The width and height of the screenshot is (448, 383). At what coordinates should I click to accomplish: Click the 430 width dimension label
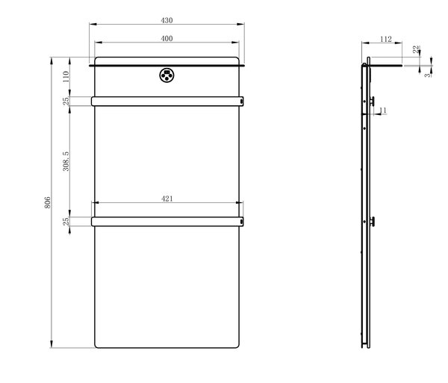click(x=167, y=20)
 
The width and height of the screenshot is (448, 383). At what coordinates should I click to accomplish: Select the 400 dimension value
click(x=167, y=39)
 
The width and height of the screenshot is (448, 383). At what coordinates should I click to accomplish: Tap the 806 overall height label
click(x=48, y=202)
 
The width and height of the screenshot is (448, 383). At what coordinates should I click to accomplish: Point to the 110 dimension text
click(x=66, y=77)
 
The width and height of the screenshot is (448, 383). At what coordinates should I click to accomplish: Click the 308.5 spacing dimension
click(x=66, y=161)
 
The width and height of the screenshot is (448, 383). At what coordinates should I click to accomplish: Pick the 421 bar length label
click(x=167, y=199)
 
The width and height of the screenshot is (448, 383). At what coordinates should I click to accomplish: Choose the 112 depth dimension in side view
click(x=386, y=39)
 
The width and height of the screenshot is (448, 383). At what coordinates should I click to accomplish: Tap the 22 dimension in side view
click(x=416, y=49)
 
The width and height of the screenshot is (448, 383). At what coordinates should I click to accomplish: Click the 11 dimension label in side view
click(x=383, y=110)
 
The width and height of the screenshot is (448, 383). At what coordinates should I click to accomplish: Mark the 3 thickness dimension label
click(x=428, y=75)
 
